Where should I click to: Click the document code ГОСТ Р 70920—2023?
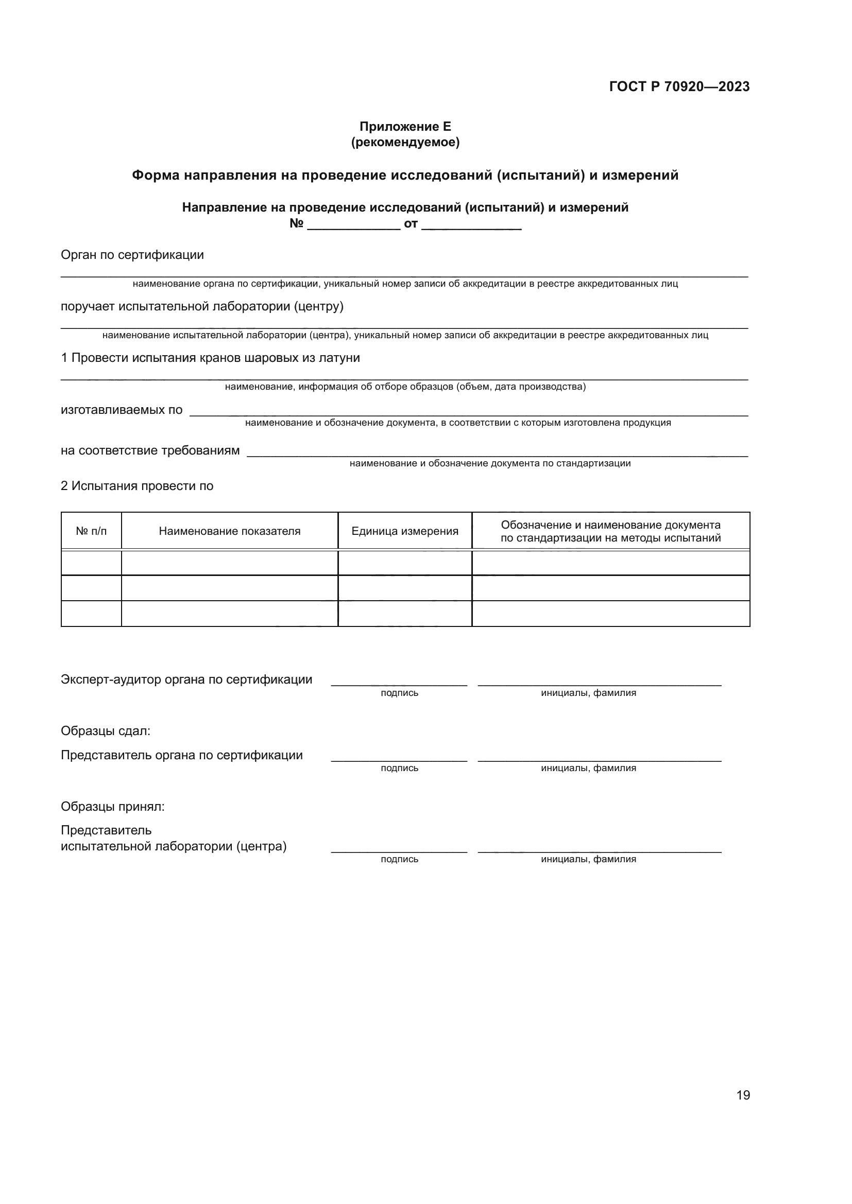(679, 86)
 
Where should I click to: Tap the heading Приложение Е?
(405, 127)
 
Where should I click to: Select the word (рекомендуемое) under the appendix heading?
(405, 142)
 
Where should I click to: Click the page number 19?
(743, 1095)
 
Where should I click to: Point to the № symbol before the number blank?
(296, 224)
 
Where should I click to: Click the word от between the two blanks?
(410, 224)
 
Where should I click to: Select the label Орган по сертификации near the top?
(132, 255)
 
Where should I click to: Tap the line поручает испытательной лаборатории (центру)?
(202, 306)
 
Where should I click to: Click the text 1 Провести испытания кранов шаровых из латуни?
(210, 358)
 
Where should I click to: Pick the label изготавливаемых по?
(122, 410)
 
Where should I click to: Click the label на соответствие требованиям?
(150, 450)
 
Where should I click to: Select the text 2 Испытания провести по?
(137, 486)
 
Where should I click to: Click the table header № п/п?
(91, 531)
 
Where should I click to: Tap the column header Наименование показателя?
(229, 531)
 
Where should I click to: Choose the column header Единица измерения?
(404, 531)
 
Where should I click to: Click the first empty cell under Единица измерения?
(404, 563)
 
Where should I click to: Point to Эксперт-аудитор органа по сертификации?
(186, 679)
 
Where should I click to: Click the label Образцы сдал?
(106, 731)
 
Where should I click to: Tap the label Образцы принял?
(112, 807)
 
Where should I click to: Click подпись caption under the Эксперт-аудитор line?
(399, 693)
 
